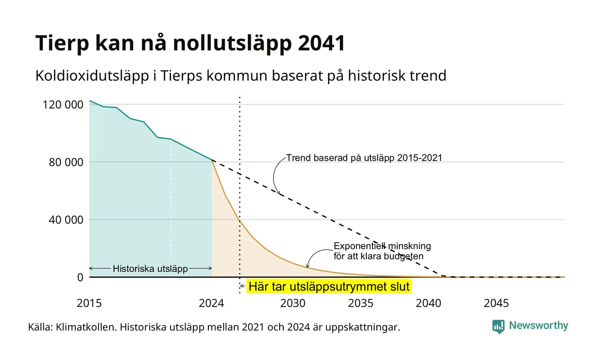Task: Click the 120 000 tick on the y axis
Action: [x=63, y=105]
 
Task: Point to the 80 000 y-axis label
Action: [x=66, y=162]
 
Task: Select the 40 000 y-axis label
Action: [x=66, y=219]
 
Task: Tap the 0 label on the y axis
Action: [x=81, y=277]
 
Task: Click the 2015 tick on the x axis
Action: [x=89, y=303]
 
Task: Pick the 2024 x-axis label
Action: [x=211, y=303]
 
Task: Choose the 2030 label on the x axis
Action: [x=293, y=303]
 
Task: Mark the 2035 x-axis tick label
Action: [x=360, y=303]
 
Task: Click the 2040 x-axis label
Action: [x=428, y=303]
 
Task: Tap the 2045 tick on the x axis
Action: [x=496, y=303]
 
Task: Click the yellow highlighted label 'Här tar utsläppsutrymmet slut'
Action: [x=329, y=287]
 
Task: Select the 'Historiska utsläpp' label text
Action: [x=150, y=269]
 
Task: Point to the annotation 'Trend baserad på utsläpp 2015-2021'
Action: [x=364, y=158]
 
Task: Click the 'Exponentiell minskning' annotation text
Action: [x=382, y=246]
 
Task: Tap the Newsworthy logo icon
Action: [x=498, y=327]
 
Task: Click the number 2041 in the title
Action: [x=321, y=43]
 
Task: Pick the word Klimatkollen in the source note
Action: [x=86, y=327]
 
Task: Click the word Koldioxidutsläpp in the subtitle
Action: [x=92, y=76]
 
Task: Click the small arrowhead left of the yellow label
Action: [x=242, y=286]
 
